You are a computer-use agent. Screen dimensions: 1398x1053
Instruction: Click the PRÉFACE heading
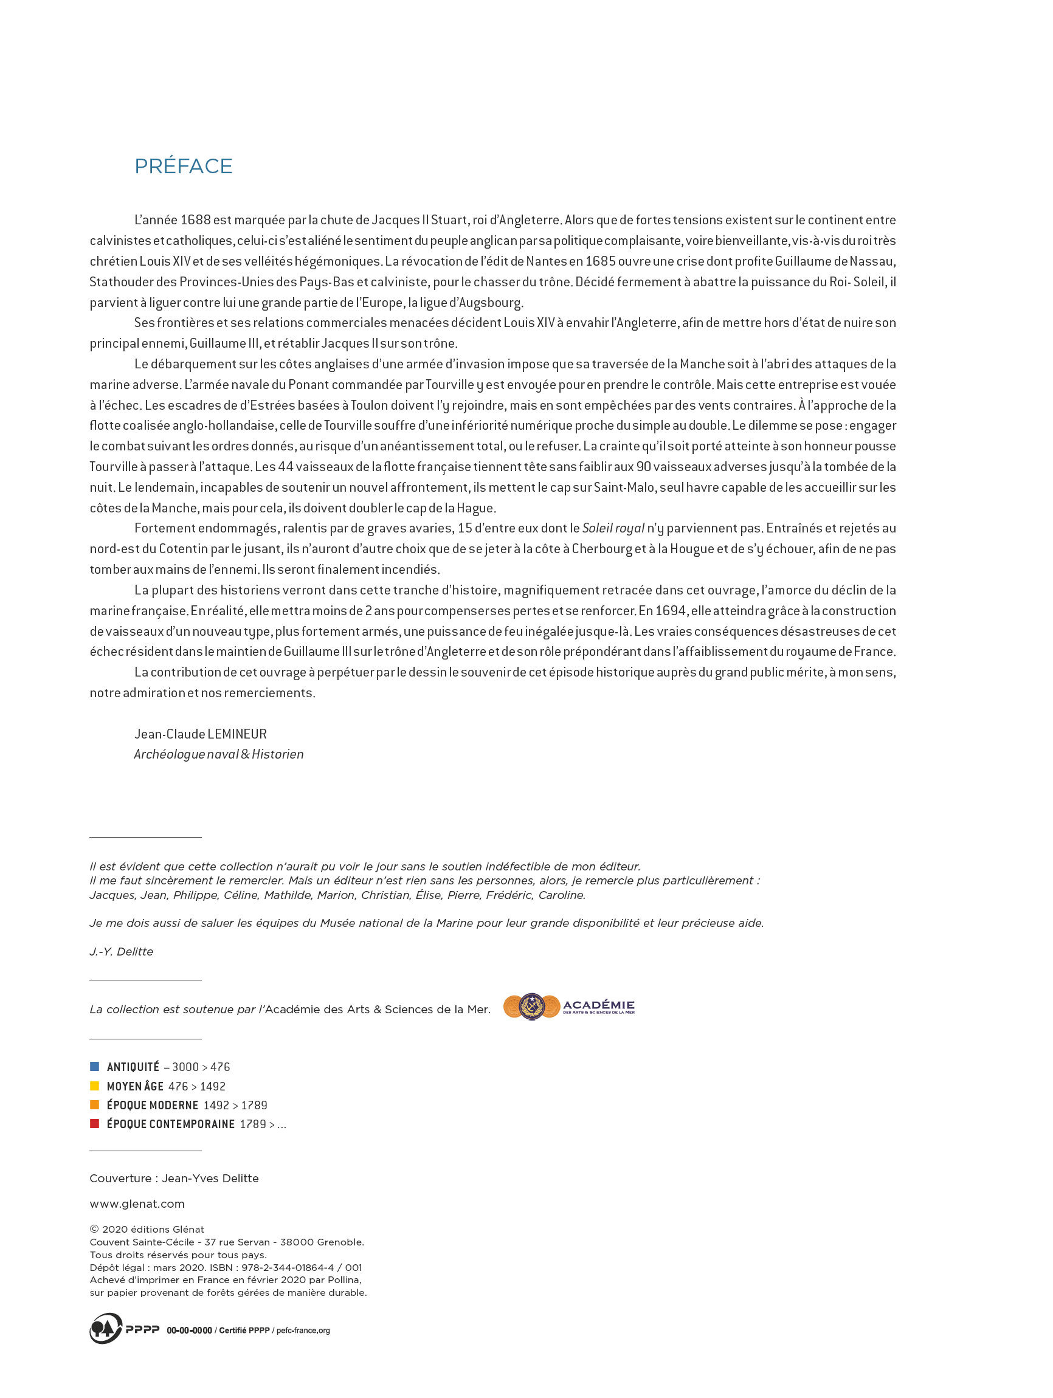pos(183,166)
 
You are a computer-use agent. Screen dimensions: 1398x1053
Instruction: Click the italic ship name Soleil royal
pos(613,528)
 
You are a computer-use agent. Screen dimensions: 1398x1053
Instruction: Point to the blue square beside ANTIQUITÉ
pos(95,1067)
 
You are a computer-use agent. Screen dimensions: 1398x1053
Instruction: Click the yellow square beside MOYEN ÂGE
pos(95,1086)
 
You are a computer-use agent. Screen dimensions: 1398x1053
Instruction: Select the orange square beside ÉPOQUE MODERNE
pos(95,1105)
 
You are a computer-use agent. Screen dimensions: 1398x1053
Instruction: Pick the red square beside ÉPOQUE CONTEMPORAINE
pos(95,1124)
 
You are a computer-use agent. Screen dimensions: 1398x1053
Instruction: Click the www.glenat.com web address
pos(137,1204)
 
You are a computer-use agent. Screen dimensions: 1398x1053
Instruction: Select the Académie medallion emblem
pos(531,1007)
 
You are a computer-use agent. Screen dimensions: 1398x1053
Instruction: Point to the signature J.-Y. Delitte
pos(122,952)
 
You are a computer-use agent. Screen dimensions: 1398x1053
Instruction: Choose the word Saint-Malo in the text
pos(624,487)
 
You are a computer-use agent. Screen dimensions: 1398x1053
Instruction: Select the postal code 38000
pos(296,1242)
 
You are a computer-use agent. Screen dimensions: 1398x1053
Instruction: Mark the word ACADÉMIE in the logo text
pos(599,1005)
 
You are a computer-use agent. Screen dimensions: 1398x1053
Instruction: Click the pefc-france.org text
pos(303,1331)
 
